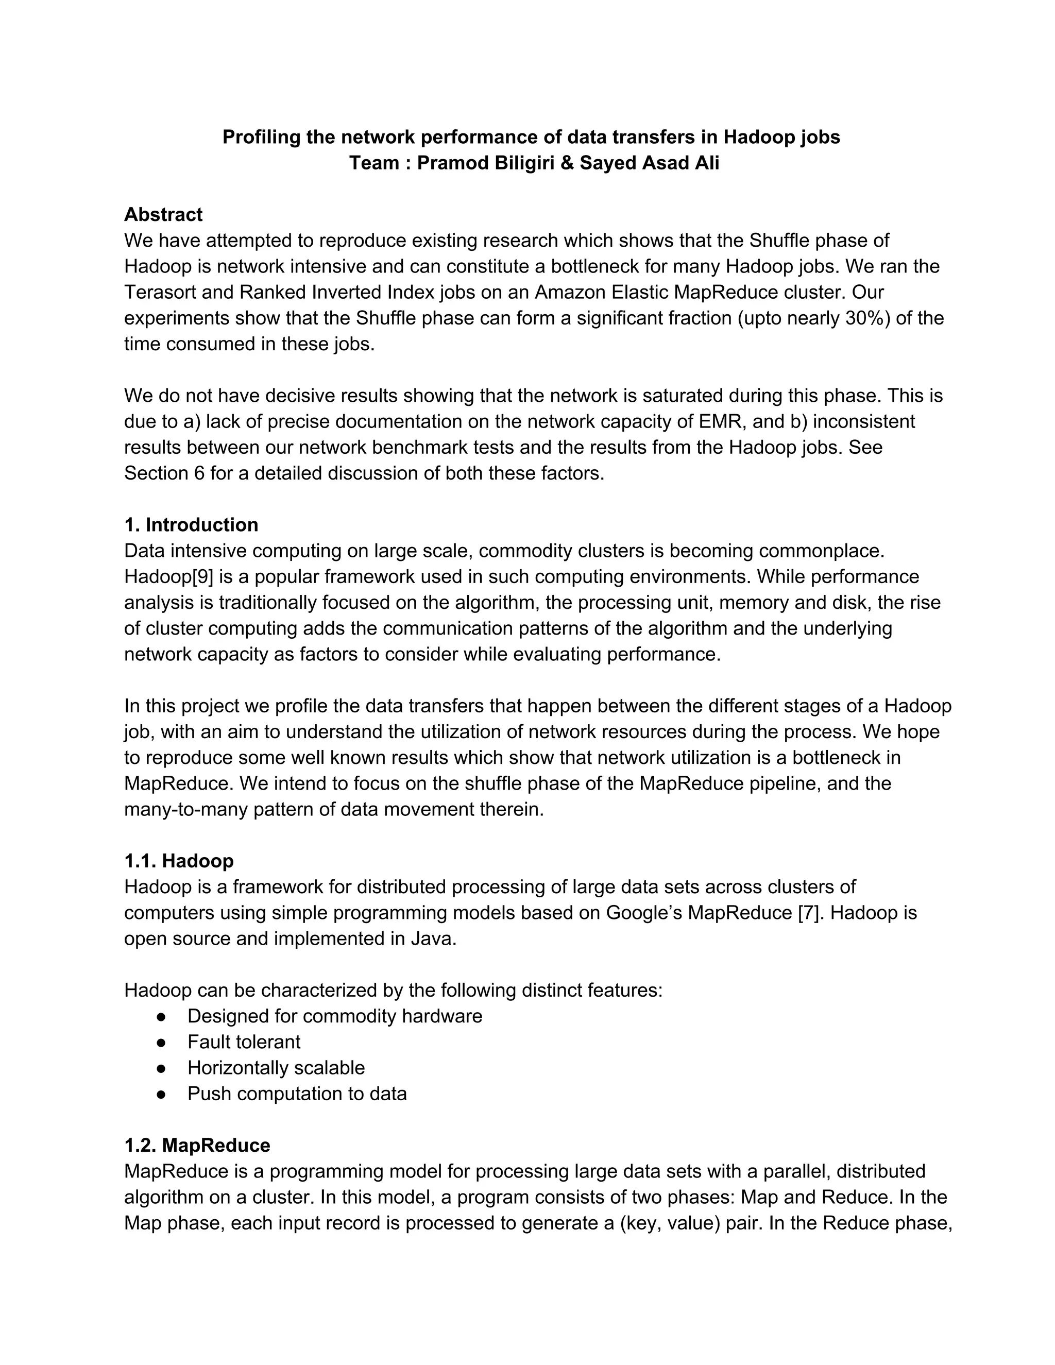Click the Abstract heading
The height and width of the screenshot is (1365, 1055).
click(x=163, y=214)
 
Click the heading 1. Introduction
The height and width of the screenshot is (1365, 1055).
click(x=191, y=524)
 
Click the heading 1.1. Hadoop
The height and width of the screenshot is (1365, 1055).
click(x=179, y=861)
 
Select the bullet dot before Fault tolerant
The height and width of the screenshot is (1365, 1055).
click(x=161, y=1042)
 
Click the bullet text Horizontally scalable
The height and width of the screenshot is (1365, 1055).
click(x=276, y=1067)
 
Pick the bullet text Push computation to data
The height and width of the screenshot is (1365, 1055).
click(x=297, y=1094)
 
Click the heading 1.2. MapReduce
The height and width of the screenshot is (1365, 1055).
click(x=197, y=1145)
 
